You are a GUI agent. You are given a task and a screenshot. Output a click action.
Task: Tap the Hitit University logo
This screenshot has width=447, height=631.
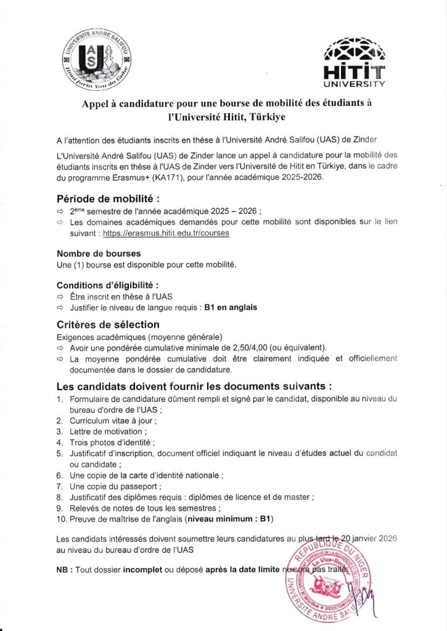[x=355, y=62]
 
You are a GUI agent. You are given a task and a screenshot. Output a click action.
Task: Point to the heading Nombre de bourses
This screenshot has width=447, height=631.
[x=99, y=253]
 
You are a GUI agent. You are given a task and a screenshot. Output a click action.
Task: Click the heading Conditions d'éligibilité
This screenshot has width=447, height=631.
[x=107, y=285]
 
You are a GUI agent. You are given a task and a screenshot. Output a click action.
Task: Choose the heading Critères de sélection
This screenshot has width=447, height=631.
[x=108, y=324]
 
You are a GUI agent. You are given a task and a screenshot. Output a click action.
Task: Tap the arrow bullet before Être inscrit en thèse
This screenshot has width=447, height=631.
[x=60, y=296]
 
